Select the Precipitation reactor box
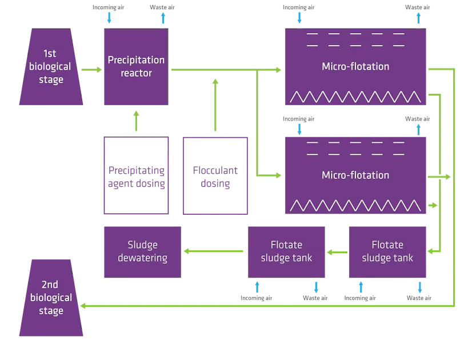pos(136,67)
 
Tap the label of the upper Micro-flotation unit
pos(355,66)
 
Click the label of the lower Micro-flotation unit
pos(355,175)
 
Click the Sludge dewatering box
pos(142,251)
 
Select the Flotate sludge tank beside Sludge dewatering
pos(287,251)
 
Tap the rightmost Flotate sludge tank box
pos(388,251)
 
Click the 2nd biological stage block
pos(51,298)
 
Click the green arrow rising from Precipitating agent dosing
pos(136,121)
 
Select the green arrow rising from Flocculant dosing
pos(215,106)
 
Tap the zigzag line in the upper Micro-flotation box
pos(355,97)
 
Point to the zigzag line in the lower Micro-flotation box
pos(355,205)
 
